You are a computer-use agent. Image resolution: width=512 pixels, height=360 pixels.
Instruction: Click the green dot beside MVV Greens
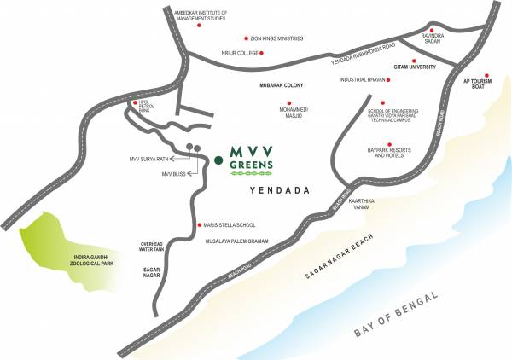tap(218, 159)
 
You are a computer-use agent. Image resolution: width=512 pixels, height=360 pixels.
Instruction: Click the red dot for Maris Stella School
tap(200, 225)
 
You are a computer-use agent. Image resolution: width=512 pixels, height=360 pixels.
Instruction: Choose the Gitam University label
tap(415, 67)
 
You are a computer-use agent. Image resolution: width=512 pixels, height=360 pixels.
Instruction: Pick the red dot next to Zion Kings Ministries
tap(246, 38)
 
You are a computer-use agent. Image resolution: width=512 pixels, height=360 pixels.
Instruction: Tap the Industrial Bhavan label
tap(364, 80)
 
